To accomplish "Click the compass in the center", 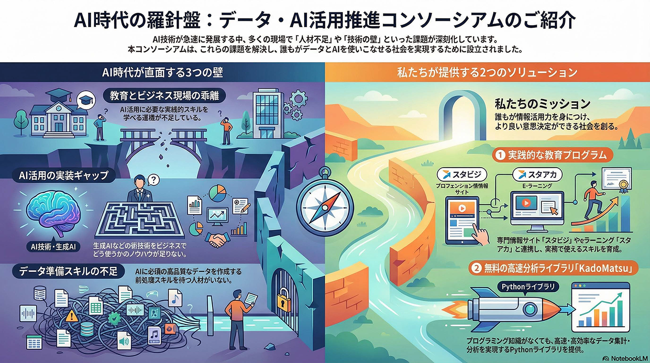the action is click(325, 205).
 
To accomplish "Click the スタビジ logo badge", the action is click(462, 174).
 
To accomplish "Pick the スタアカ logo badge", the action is click(538, 174).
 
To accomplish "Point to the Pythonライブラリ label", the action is click(528, 287).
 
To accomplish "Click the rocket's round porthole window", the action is click(530, 308).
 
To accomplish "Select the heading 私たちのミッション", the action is click(543, 103).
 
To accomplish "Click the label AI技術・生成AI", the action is click(53, 247).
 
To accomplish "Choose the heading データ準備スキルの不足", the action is click(68, 271).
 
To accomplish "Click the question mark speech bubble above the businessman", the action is click(153, 180).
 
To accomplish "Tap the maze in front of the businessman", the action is click(139, 220).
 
